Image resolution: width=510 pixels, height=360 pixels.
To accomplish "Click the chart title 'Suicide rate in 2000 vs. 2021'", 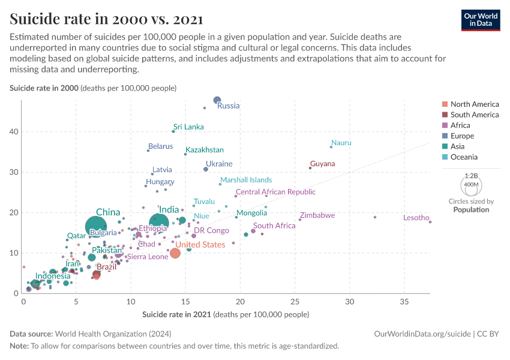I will pos(106,19).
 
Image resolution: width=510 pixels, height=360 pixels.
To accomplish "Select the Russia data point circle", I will pos(217,100).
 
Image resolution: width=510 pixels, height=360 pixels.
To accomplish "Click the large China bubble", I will pos(96,227).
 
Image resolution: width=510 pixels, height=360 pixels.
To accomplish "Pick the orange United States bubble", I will pos(175,253).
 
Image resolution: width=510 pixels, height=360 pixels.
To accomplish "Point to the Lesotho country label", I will pos(416,218).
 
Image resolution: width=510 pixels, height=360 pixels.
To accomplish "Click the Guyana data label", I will pos(322,164).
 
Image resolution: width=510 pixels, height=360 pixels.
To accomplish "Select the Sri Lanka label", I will pos(188,127).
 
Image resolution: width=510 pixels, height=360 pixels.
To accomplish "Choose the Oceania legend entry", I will pos(464,157).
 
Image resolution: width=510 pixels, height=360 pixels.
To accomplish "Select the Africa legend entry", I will pos(460,125).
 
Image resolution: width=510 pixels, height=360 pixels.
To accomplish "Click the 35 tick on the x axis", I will pos(404,301).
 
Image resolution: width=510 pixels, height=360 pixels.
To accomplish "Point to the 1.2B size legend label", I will pos(471,176).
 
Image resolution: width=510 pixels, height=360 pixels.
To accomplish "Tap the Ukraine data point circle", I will pos(206,169).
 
